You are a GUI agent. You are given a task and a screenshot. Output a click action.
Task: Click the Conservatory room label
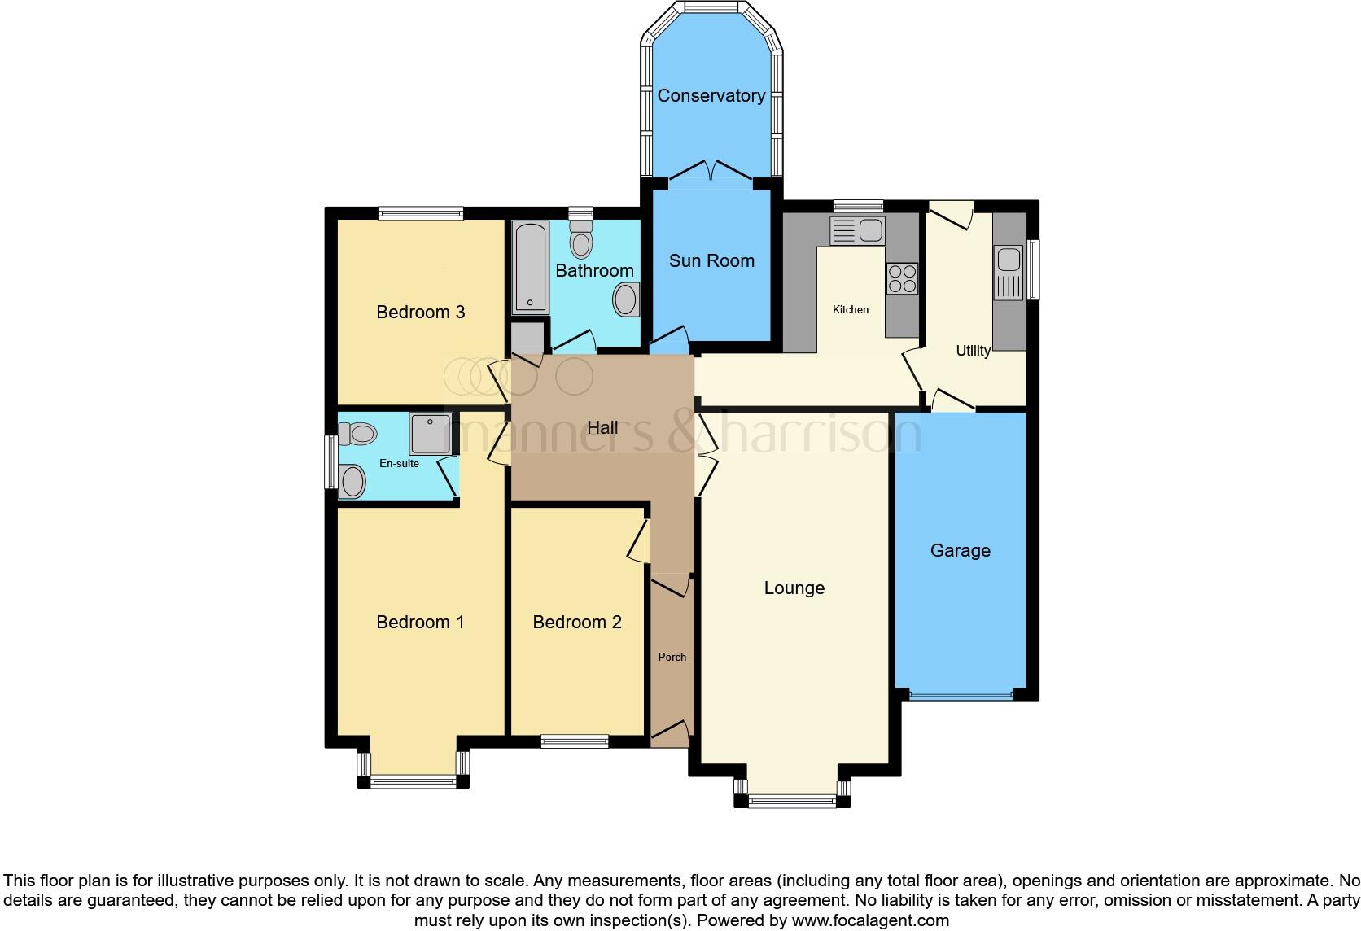tap(711, 96)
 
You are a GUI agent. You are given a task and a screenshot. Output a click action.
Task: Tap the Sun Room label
tap(711, 261)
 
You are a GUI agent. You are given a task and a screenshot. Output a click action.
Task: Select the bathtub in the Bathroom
tap(530, 268)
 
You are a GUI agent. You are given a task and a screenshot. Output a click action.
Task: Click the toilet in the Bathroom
tap(581, 240)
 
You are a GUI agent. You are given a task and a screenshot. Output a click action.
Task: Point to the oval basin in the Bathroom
tap(626, 299)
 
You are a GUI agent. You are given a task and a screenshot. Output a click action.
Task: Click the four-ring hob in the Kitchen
tap(902, 278)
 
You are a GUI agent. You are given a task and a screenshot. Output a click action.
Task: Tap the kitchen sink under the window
tap(856, 230)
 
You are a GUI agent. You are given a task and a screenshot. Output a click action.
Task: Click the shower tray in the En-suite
tap(430, 433)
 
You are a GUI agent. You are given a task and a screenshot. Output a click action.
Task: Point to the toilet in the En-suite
tap(357, 434)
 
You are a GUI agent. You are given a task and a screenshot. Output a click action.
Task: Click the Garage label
tap(960, 551)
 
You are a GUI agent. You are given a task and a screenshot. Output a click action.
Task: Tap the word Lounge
tap(794, 588)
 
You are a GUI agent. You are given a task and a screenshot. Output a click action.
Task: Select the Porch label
tap(672, 657)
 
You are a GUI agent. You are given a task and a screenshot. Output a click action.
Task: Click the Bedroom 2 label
tap(576, 623)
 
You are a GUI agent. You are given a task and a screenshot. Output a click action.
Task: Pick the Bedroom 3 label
tap(420, 313)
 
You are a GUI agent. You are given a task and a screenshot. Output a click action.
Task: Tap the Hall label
tap(602, 428)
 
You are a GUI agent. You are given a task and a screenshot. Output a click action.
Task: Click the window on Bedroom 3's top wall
tap(421, 213)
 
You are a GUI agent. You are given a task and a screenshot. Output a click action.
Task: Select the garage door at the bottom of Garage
tap(961, 696)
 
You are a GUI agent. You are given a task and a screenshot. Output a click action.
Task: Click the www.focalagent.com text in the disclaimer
tap(870, 920)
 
